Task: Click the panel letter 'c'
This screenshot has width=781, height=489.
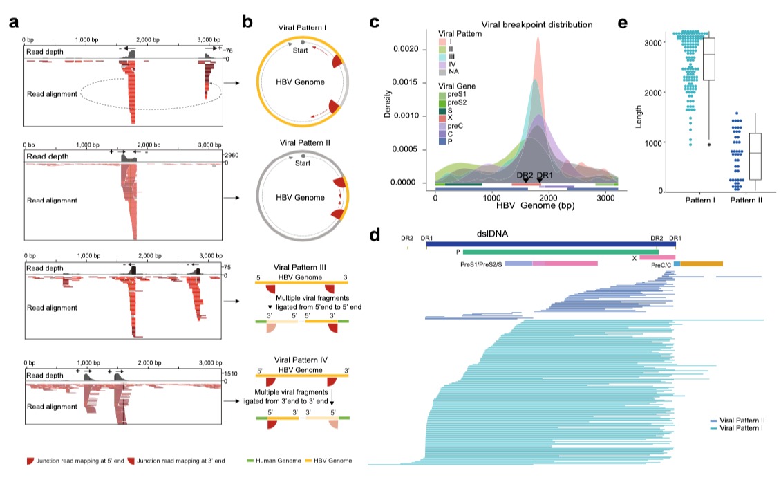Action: (x=375, y=21)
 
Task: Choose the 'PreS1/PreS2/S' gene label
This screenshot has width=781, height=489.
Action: (x=482, y=264)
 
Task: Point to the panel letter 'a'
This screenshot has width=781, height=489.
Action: (x=14, y=21)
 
